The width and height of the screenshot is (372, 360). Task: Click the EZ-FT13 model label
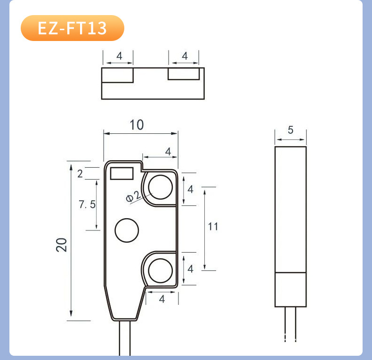(x=72, y=28)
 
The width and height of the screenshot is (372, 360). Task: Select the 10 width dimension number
(x=137, y=125)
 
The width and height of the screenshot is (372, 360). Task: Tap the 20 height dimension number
(x=62, y=245)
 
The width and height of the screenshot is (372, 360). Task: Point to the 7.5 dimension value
(x=87, y=205)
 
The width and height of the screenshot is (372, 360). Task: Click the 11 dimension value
(x=213, y=227)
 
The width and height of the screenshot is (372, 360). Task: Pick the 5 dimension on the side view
(x=290, y=130)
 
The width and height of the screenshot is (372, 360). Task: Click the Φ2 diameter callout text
(x=133, y=196)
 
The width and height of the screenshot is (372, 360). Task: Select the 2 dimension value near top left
(x=80, y=173)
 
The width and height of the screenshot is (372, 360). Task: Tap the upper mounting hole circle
(x=161, y=187)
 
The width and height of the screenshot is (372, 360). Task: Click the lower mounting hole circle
(x=161, y=271)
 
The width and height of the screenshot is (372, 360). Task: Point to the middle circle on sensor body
(x=127, y=230)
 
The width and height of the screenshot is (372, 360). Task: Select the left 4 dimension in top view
(x=119, y=56)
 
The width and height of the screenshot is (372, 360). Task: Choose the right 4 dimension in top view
(x=185, y=56)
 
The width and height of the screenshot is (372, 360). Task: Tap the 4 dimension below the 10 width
(x=168, y=151)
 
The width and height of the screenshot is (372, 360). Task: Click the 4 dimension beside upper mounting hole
(x=190, y=189)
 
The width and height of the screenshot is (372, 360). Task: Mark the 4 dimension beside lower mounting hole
(x=190, y=269)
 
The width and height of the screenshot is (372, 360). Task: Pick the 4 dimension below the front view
(x=162, y=299)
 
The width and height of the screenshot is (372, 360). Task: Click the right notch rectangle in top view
(x=184, y=74)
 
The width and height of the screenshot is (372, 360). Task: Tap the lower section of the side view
(x=291, y=289)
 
